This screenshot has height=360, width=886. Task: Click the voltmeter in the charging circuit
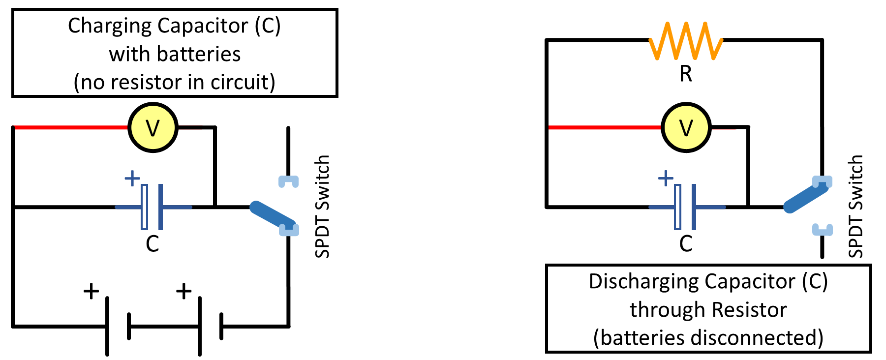[x=153, y=128]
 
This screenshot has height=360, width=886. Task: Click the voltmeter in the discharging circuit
[x=686, y=128]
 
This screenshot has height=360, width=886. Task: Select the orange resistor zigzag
[x=686, y=41]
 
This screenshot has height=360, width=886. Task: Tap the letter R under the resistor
[x=686, y=74]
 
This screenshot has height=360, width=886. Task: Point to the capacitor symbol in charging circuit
[x=152, y=207]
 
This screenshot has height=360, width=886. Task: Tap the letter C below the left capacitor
[x=152, y=244]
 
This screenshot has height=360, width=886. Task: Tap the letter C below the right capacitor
[x=686, y=244]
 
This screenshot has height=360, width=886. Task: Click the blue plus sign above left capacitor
[x=132, y=178]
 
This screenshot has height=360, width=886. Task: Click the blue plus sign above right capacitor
[x=666, y=178]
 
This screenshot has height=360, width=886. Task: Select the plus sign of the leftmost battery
[x=91, y=291]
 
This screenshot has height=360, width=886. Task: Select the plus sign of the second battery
[x=183, y=291]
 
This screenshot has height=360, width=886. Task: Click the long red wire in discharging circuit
[x=605, y=127]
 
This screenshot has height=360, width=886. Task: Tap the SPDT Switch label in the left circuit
[x=322, y=207]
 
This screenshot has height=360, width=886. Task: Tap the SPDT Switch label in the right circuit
[x=855, y=207]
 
